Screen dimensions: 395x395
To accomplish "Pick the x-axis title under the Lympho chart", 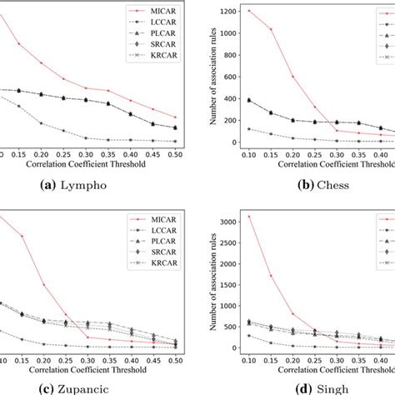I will pos(90,166).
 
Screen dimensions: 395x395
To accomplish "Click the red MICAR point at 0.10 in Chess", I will pos(248,11).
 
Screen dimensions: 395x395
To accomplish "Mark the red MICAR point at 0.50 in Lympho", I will pos(175,117).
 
